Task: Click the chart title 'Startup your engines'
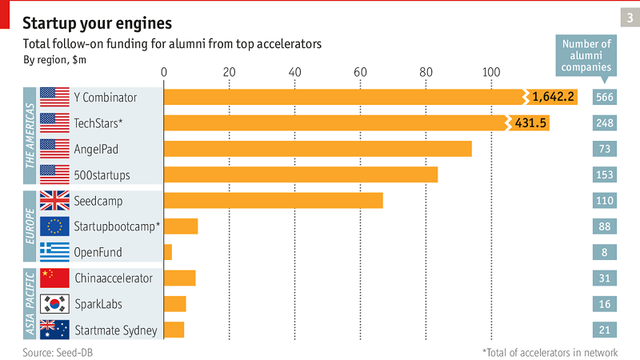[97, 20]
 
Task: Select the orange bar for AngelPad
[318, 149]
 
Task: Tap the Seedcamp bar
[273, 200]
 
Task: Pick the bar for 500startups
[301, 174]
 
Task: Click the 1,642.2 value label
[553, 97]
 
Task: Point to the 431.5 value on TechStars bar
[529, 122]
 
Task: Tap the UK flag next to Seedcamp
[54, 200]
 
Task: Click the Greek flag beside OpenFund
[54, 252]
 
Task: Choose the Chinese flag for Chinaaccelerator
[54, 278]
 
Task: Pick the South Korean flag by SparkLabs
[54, 304]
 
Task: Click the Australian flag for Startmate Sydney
[54, 330]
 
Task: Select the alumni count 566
[605, 98]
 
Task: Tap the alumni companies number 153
[605, 174]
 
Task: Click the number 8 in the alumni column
[605, 252]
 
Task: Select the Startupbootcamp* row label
[117, 226]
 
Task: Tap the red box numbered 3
[629, 17]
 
